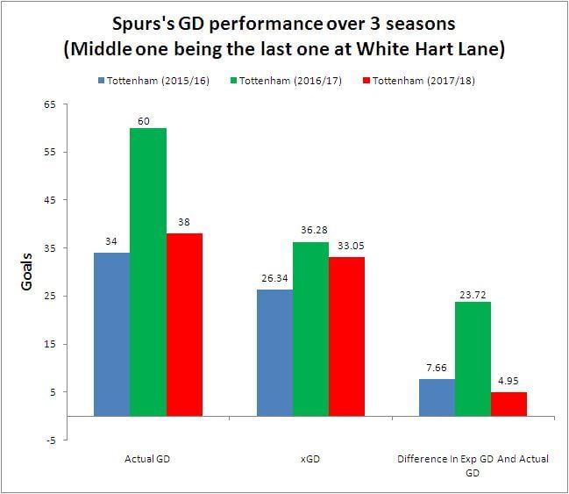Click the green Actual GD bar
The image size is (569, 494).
click(148, 272)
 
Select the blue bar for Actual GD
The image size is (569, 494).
click(112, 334)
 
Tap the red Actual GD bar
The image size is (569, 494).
click(184, 325)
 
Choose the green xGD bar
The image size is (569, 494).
click(310, 329)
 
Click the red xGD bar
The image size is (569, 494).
click(346, 337)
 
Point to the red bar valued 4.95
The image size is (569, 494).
click(509, 405)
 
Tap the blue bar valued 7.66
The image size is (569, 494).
click(437, 397)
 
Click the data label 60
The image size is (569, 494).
click(148, 119)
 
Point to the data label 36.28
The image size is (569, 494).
click(310, 233)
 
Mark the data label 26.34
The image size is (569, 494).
click(274, 280)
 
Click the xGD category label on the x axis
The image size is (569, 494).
click(310, 457)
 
